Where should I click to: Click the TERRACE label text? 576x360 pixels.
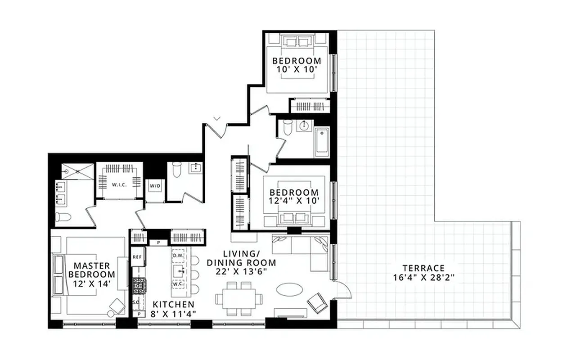(423, 268)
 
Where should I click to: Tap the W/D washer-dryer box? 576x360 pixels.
(154, 185)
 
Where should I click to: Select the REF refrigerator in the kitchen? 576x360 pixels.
(137, 256)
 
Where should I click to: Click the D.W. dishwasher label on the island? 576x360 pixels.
(178, 255)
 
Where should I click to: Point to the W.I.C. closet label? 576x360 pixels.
(119, 184)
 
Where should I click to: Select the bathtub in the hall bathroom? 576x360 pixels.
(322, 142)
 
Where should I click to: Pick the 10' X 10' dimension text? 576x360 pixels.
(297, 69)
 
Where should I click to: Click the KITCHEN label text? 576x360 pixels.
(173, 304)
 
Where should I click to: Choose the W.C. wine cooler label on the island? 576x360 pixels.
(178, 284)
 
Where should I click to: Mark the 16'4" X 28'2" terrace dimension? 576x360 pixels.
(423, 278)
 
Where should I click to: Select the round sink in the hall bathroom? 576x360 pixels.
(306, 126)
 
